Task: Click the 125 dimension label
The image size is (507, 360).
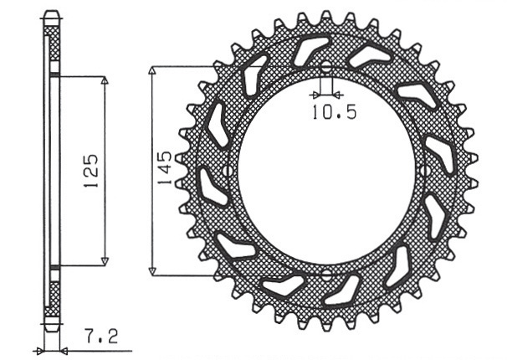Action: (x=91, y=171)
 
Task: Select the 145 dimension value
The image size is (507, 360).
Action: (x=164, y=167)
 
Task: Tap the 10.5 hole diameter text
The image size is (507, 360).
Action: (x=335, y=112)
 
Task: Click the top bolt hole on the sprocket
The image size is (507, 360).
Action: (x=326, y=67)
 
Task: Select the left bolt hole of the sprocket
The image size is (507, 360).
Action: (x=228, y=171)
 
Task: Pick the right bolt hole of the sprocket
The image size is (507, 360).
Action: (x=424, y=171)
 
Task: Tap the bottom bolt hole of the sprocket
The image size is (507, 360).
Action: (x=326, y=275)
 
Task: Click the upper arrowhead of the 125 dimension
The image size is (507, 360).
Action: (x=104, y=80)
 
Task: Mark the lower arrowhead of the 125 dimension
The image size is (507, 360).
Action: (x=104, y=261)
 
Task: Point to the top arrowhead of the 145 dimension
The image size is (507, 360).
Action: (x=152, y=70)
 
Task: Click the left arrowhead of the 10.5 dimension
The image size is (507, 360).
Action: (x=315, y=95)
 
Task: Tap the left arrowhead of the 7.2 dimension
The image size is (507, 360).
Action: (x=39, y=350)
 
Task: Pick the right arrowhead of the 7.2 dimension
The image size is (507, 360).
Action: (x=64, y=350)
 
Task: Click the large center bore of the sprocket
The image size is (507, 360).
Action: (x=326, y=171)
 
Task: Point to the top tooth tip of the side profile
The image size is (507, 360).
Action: (x=52, y=12)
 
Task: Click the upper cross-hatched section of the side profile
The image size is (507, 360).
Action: (x=54, y=44)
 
